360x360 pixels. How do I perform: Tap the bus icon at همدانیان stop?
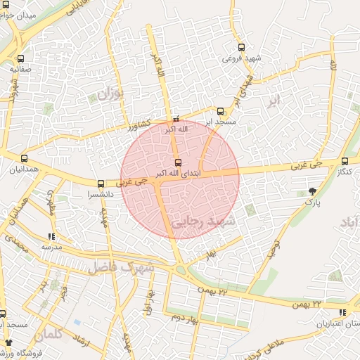tap(25, 158)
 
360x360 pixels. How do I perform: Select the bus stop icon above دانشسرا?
tap(101, 183)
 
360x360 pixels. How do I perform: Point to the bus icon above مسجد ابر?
tap(220, 111)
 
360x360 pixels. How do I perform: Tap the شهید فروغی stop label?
tap(242, 58)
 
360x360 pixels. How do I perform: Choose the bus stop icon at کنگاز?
tap(344, 161)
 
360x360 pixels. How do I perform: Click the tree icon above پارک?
tap(312, 191)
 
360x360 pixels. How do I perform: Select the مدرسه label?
tap(51, 247)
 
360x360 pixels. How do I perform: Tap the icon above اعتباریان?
tap(342, 312)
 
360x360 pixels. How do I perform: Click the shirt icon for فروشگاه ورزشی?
tap(9, 342)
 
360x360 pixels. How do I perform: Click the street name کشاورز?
tap(139, 127)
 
